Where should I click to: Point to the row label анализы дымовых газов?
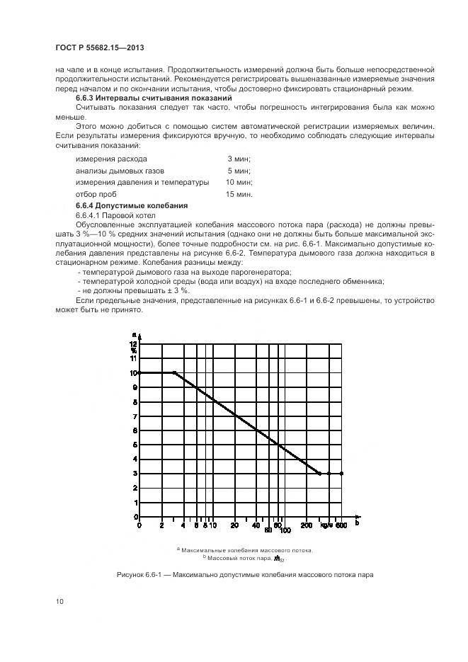[x=120, y=171]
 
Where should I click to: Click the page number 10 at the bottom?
[x=60, y=601]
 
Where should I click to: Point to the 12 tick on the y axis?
[x=133, y=343]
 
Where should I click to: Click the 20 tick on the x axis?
[x=234, y=525]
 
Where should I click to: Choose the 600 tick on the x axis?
[x=341, y=525]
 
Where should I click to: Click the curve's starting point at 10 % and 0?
[x=139, y=372]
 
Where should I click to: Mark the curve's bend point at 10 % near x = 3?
[x=174, y=372]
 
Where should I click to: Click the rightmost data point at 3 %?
[x=341, y=473]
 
